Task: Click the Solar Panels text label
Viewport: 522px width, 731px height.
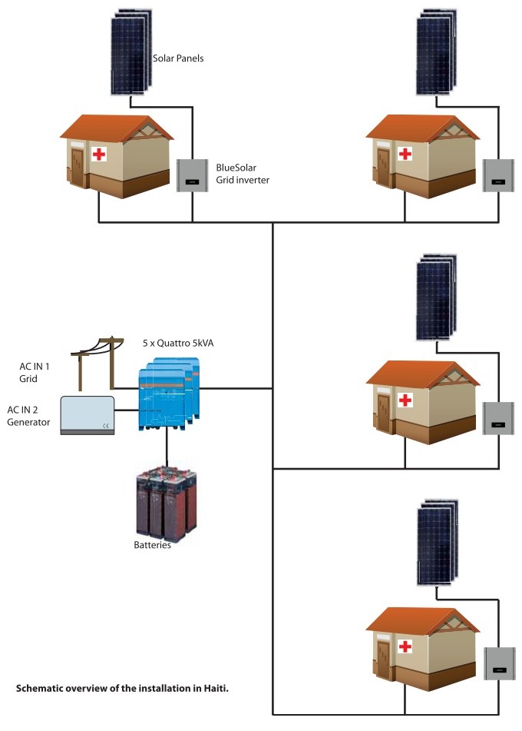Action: pyautogui.click(x=178, y=58)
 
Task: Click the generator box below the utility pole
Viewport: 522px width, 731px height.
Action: pyautogui.click(x=88, y=414)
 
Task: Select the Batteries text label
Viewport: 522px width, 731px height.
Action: pyautogui.click(x=152, y=546)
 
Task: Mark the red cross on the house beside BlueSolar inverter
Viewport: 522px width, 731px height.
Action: pyautogui.click(x=98, y=155)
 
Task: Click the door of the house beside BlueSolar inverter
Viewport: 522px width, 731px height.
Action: pyautogui.click(x=78, y=166)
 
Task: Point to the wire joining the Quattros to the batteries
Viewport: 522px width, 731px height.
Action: pyautogui.click(x=167, y=454)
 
